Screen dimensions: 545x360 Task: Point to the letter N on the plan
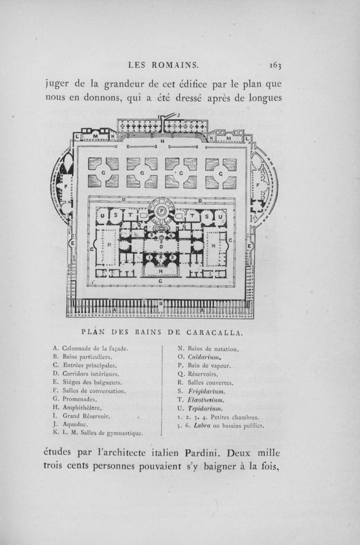161,271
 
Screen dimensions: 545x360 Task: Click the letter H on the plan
161,141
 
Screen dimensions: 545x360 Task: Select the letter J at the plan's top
179,116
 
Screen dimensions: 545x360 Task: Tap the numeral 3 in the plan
152,235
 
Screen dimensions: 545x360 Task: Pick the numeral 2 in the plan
173,257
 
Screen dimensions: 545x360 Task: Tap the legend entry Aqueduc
76,425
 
